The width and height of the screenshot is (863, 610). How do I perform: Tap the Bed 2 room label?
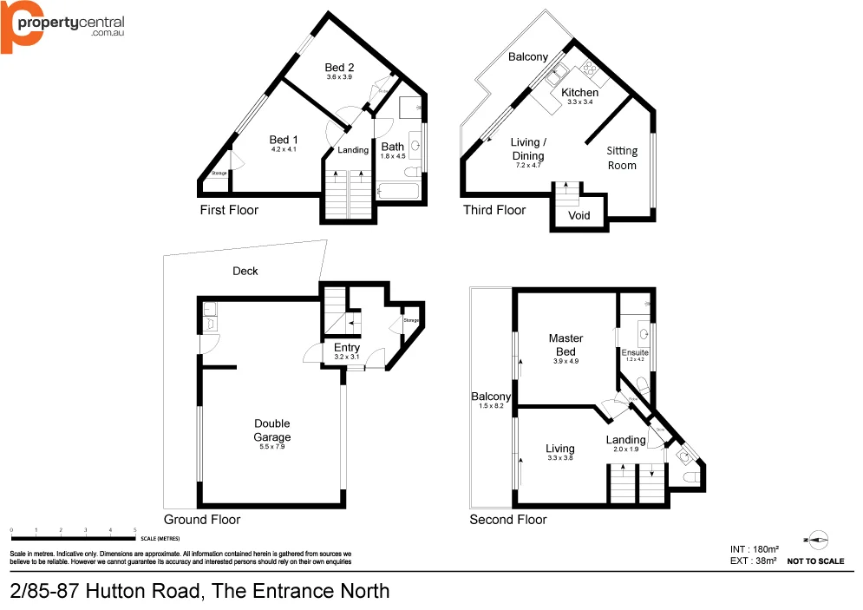[339, 68]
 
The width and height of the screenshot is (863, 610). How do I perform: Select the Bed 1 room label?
[284, 140]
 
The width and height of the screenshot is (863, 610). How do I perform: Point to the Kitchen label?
[579, 93]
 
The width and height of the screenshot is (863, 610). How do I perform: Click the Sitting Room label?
[622, 158]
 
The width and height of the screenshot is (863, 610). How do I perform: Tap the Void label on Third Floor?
[579, 215]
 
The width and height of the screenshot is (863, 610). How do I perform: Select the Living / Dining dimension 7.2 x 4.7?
[527, 165]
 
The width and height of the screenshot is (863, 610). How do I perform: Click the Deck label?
[245, 271]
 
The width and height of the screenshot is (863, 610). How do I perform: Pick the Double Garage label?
[272, 430]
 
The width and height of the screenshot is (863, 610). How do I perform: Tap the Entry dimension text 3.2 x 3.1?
[347, 357]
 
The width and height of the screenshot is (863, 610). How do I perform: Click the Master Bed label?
[566, 344]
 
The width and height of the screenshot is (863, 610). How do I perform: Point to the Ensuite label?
[635, 352]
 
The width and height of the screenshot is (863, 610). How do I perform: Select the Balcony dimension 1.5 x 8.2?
[491, 406]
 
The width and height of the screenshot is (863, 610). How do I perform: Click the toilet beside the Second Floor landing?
[689, 476]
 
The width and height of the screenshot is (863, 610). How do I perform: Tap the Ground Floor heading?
[202, 519]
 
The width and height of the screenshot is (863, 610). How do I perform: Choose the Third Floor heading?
[494, 210]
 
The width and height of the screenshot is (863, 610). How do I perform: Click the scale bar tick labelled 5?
[135, 529]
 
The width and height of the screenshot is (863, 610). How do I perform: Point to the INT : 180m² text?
[754, 549]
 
